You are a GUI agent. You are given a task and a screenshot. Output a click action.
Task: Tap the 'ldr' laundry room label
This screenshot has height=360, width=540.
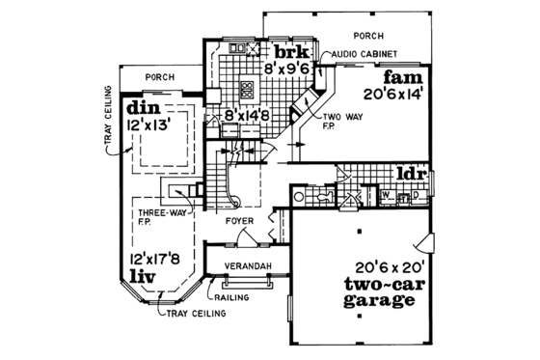(x=412, y=174)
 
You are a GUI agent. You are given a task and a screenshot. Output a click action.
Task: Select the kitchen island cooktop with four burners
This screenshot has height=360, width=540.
(x=247, y=92)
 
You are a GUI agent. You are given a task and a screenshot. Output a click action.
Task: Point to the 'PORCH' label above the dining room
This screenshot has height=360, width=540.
(x=157, y=75)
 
